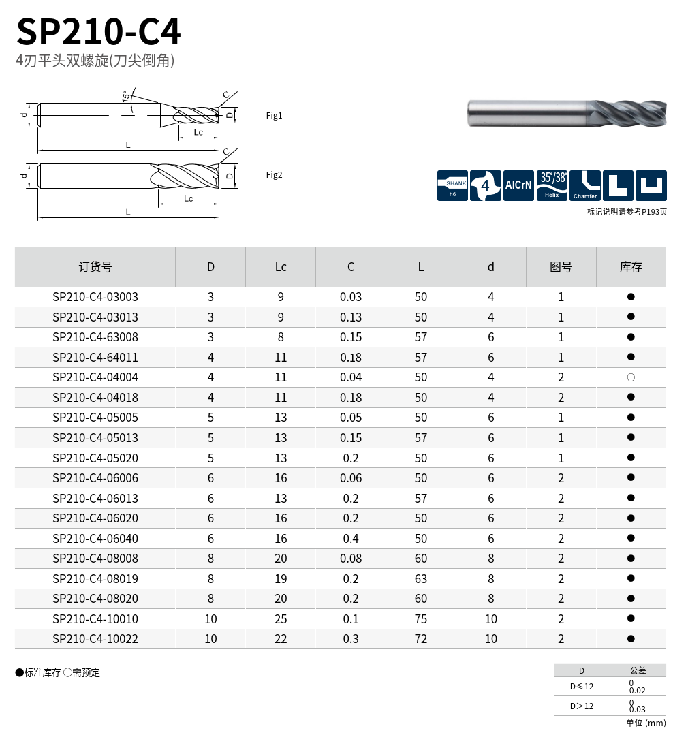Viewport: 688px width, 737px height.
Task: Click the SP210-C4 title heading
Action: pyautogui.click(x=99, y=31)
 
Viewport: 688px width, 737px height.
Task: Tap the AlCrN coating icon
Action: pyautogui.click(x=518, y=185)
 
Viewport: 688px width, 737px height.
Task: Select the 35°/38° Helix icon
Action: pyautogui.click(x=552, y=185)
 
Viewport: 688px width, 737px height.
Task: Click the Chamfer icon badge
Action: pyautogui.click(x=585, y=185)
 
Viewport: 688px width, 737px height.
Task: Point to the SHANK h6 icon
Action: pyautogui.click(x=452, y=185)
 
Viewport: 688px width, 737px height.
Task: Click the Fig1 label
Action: pyautogui.click(x=274, y=116)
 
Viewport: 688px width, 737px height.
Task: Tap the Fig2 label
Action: pyautogui.click(x=274, y=175)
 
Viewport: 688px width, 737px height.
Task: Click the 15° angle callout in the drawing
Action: pyautogui.click(x=127, y=96)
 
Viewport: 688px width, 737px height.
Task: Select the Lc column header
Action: pyautogui.click(x=281, y=267)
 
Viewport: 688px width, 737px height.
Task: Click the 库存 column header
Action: pyautogui.click(x=631, y=267)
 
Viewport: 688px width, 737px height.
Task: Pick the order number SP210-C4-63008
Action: pyautogui.click(x=95, y=337)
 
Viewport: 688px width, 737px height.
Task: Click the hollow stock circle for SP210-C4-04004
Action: pyautogui.click(x=631, y=377)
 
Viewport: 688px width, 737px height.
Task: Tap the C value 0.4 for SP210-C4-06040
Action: pyautogui.click(x=351, y=538)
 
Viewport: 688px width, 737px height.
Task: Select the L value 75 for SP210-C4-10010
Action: pyautogui.click(x=421, y=619)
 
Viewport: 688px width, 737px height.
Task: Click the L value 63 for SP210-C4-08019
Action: pyautogui.click(x=421, y=579)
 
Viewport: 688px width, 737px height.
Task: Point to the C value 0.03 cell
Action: pyautogui.click(x=351, y=297)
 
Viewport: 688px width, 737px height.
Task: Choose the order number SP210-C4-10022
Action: pyautogui.click(x=95, y=639)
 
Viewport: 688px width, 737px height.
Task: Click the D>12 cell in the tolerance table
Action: pyautogui.click(x=582, y=706)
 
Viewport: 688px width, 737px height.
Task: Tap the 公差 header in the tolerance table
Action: pyautogui.click(x=638, y=670)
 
